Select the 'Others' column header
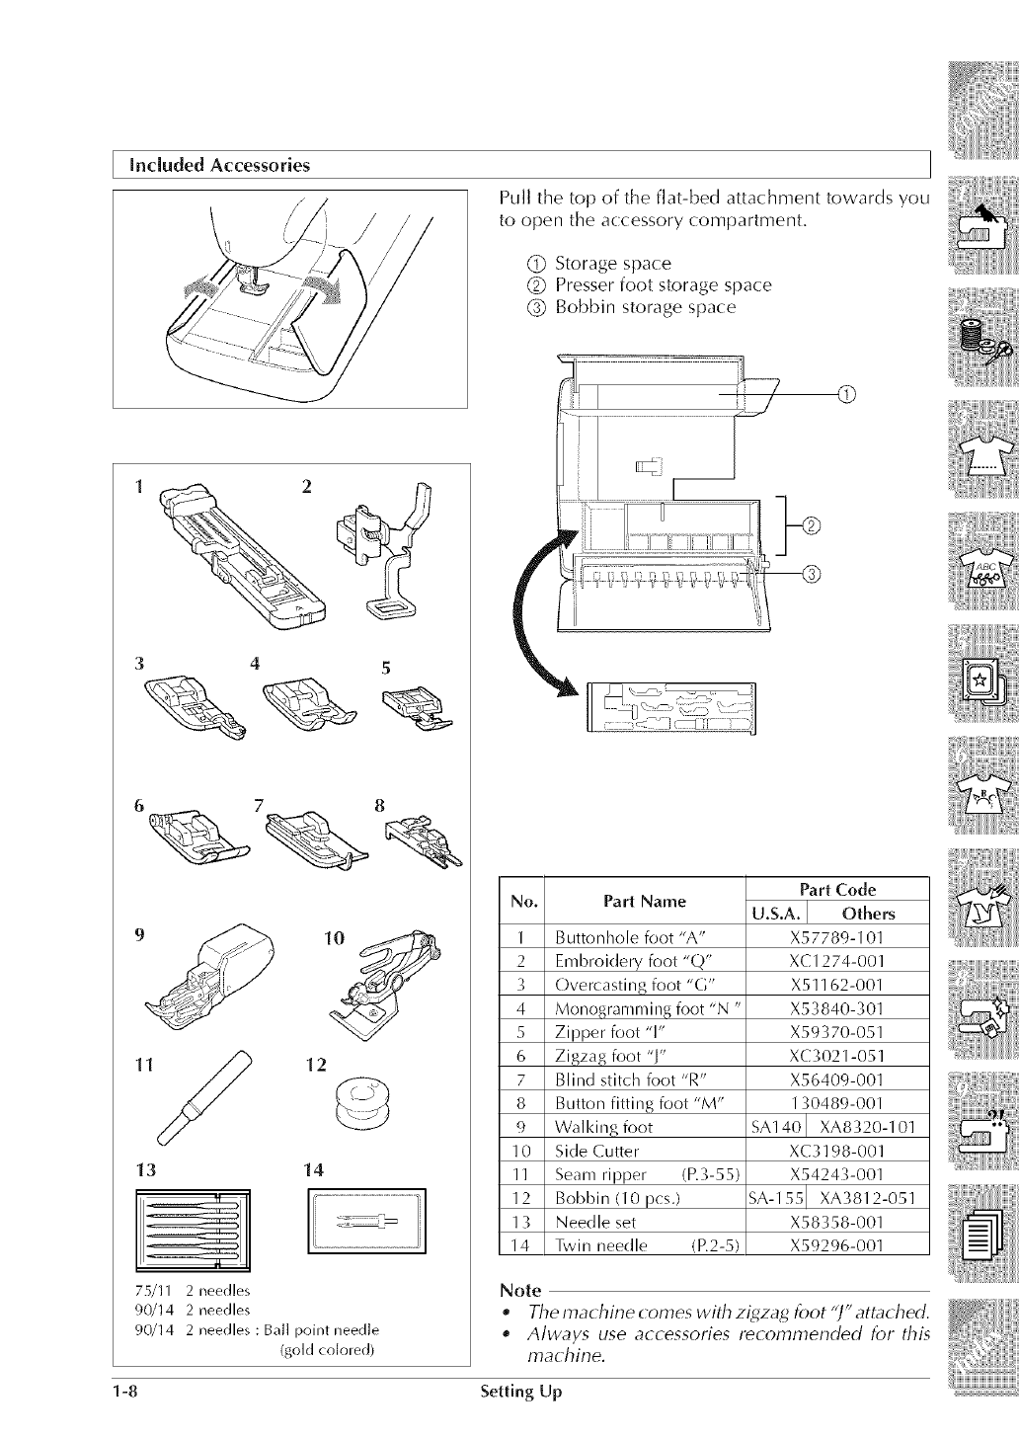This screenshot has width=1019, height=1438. tap(868, 913)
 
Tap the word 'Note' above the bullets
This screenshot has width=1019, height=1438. tap(520, 1291)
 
